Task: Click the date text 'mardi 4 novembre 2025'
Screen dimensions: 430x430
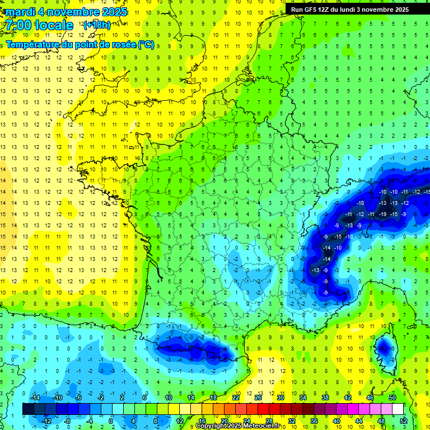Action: click(67, 12)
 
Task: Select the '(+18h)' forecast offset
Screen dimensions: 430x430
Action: click(97, 25)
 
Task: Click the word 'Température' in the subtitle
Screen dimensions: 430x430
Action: click(35, 45)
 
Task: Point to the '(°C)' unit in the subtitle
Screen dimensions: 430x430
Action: click(146, 45)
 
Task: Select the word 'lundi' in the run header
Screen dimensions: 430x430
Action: click(355, 10)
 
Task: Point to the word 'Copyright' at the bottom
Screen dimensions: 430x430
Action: click(211, 426)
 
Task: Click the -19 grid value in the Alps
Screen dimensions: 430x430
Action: click(382, 214)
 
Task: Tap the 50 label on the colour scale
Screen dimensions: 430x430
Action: click(392, 398)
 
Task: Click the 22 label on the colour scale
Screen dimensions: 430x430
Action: click(236, 398)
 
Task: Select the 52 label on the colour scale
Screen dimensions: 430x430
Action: click(404, 420)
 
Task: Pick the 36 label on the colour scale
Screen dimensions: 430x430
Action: click(314, 420)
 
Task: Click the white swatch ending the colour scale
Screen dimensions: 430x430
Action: click(398, 409)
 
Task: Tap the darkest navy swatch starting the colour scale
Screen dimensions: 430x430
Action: click(29, 409)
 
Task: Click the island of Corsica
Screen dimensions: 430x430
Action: click(384, 352)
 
